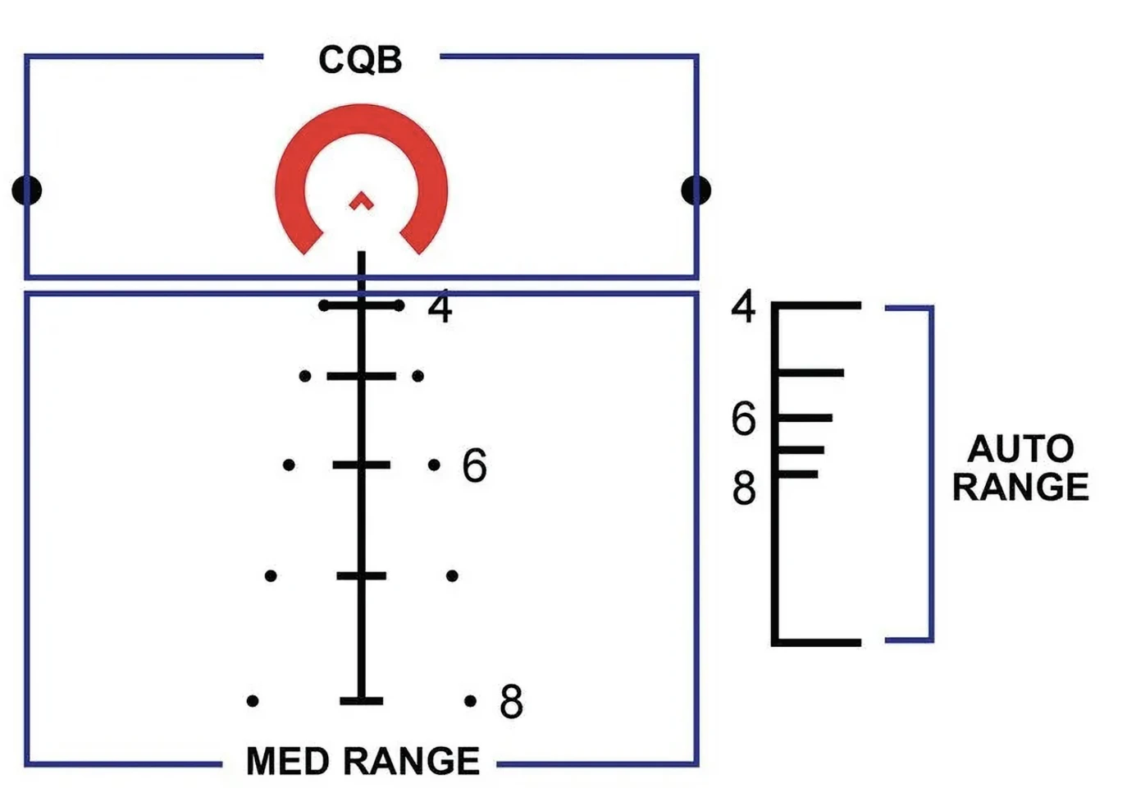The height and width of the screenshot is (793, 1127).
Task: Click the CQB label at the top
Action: pyautogui.click(x=360, y=60)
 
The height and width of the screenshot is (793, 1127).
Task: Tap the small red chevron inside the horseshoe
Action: pyautogui.click(x=361, y=200)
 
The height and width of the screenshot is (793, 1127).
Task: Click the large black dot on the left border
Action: pyautogui.click(x=27, y=190)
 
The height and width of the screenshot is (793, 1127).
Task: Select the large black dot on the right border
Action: pyautogui.click(x=696, y=190)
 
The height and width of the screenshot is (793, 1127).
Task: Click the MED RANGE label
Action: pyautogui.click(x=363, y=760)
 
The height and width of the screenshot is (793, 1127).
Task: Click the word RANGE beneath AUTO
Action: pyautogui.click(x=1021, y=487)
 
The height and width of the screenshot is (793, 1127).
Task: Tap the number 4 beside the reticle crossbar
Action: pyautogui.click(x=440, y=308)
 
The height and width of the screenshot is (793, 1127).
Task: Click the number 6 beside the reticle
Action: pyautogui.click(x=474, y=465)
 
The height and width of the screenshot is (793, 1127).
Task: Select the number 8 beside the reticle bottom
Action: pyautogui.click(x=511, y=701)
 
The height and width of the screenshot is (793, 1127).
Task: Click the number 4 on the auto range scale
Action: pyautogui.click(x=743, y=306)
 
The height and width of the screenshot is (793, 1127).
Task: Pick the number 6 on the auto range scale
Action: pyautogui.click(x=744, y=419)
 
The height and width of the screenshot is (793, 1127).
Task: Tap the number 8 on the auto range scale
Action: pyautogui.click(x=744, y=488)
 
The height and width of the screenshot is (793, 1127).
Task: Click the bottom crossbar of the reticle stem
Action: pyautogui.click(x=361, y=701)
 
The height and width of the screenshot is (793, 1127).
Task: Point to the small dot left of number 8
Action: pyautogui.click(x=471, y=701)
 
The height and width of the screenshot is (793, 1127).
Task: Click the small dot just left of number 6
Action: pyautogui.click(x=434, y=465)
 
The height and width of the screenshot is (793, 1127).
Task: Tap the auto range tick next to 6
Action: pyautogui.click(x=805, y=418)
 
